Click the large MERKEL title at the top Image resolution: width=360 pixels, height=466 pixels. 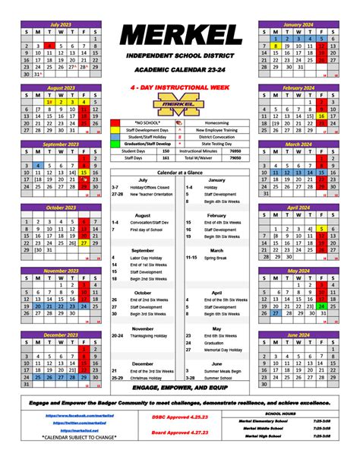click(180, 33)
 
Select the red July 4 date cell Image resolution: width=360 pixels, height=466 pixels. click(49, 46)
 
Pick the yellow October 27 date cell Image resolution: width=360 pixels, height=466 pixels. click(84, 243)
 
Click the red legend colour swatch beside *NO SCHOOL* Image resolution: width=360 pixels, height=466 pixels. click(115, 122)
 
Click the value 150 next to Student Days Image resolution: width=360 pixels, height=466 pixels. click(166, 151)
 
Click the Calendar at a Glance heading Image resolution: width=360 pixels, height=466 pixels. click(179, 172)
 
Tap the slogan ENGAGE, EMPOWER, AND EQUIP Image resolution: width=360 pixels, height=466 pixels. click(179, 387)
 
